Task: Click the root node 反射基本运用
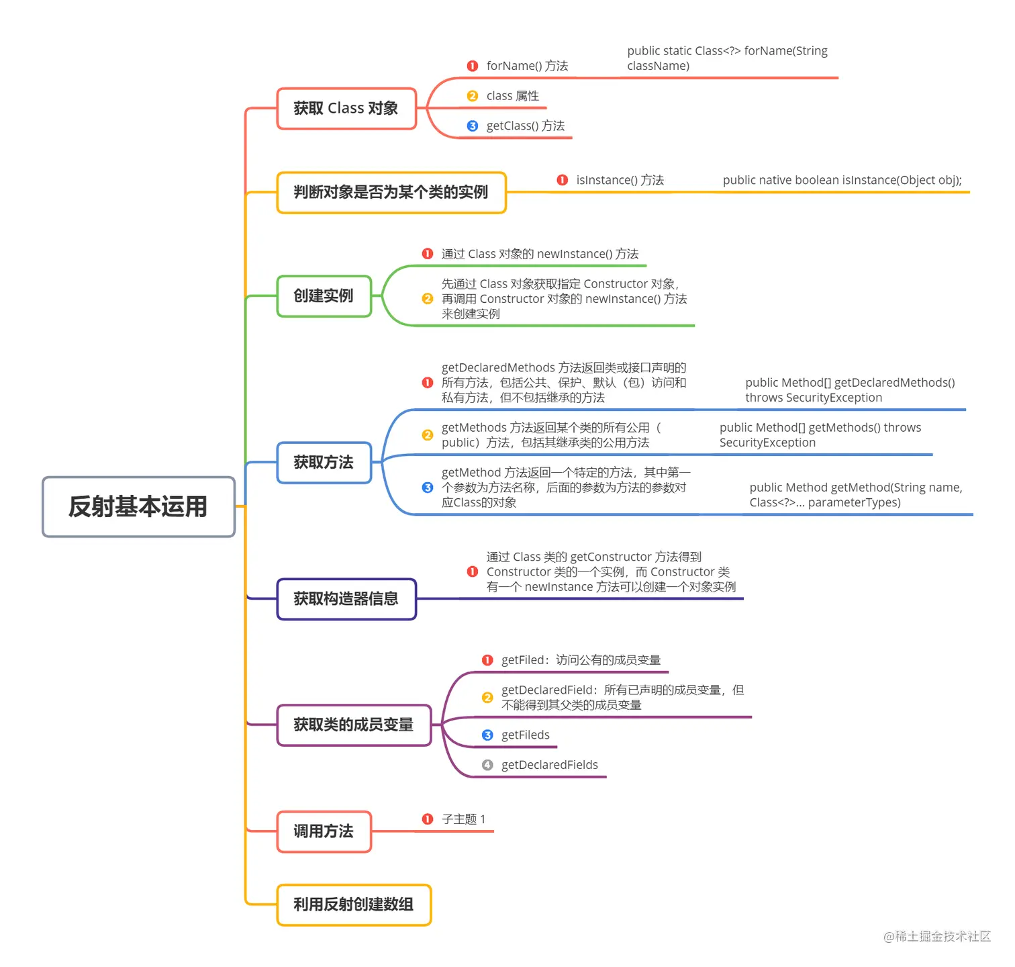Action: tap(138, 507)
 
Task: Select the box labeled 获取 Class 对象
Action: tap(346, 108)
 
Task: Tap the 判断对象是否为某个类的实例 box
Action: tap(391, 193)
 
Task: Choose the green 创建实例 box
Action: tap(324, 296)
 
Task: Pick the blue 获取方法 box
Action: tap(324, 463)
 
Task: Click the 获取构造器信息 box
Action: tap(346, 599)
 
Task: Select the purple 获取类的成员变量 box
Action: tap(354, 725)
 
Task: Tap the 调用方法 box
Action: tap(324, 832)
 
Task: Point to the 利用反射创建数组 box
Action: tap(354, 905)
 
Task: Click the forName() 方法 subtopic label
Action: tap(527, 66)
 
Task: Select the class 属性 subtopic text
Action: tap(512, 96)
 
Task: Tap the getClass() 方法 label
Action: tap(525, 126)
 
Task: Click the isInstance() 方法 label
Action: tap(620, 180)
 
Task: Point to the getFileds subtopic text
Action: tap(525, 735)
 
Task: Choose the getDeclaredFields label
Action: tap(549, 765)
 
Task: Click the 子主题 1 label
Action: tap(463, 819)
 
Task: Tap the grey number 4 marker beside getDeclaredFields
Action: tap(487, 765)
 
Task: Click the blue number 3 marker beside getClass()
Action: tap(473, 126)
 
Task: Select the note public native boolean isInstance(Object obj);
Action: tap(842, 180)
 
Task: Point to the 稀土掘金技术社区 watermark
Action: tap(937, 937)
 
